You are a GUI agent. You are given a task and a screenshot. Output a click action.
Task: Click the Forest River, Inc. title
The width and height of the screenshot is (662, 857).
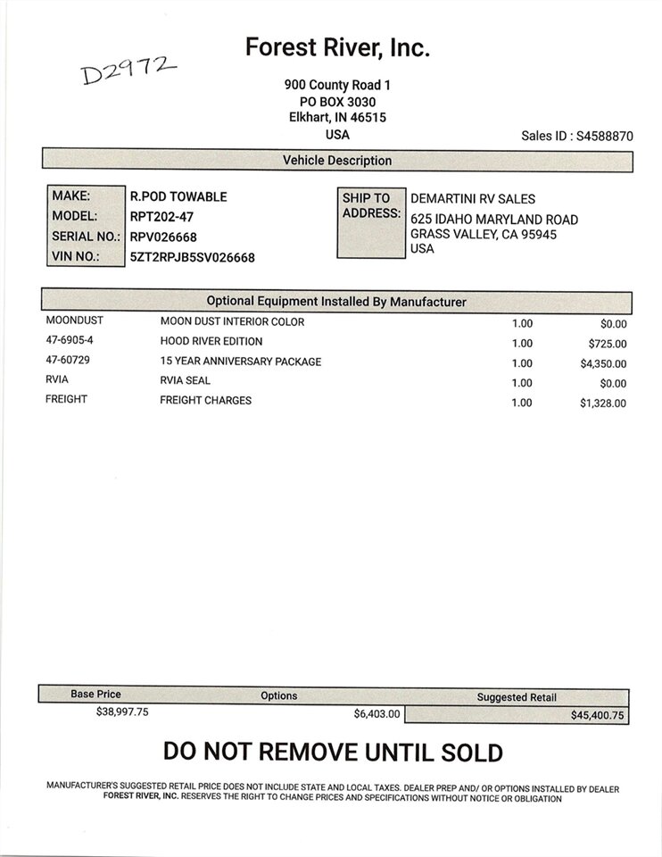click(x=337, y=47)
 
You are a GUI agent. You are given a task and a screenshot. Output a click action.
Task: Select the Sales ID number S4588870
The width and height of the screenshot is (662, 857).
click(x=605, y=137)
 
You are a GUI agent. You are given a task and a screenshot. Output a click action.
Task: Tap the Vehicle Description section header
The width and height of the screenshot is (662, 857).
click(x=337, y=161)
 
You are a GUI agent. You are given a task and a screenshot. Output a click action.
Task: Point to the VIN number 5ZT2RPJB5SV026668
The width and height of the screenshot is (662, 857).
click(x=193, y=257)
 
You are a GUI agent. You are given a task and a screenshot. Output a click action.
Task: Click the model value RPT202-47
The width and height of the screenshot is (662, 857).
click(x=162, y=217)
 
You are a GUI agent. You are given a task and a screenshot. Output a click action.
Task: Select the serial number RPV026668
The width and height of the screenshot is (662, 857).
click(x=163, y=237)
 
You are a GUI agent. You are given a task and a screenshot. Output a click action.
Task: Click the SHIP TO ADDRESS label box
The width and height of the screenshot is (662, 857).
click(x=370, y=222)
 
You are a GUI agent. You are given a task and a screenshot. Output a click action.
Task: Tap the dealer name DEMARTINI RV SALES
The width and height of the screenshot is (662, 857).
click(x=473, y=199)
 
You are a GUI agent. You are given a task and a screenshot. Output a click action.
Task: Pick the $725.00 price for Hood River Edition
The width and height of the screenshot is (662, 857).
click(x=607, y=344)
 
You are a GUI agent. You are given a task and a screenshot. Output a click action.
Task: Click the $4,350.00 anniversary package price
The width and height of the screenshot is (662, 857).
click(x=603, y=363)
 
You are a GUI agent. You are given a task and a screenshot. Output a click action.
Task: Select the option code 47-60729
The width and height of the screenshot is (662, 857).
click(x=68, y=361)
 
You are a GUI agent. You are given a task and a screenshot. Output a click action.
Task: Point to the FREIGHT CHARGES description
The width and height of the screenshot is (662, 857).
click(x=205, y=400)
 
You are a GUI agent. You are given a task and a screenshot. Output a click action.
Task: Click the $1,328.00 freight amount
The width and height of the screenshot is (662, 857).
click(x=603, y=403)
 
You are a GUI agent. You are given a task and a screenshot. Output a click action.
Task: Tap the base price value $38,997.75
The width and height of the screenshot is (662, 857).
click(x=122, y=711)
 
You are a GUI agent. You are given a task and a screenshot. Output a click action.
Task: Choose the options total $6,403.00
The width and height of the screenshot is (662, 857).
click(x=377, y=713)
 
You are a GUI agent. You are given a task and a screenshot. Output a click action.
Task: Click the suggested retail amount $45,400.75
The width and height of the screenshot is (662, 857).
click(x=599, y=715)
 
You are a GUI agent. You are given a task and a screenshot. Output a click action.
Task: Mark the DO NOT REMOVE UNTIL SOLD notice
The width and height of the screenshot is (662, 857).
click(x=333, y=753)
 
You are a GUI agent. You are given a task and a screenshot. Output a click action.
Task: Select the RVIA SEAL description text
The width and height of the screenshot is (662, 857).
click(x=185, y=380)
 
